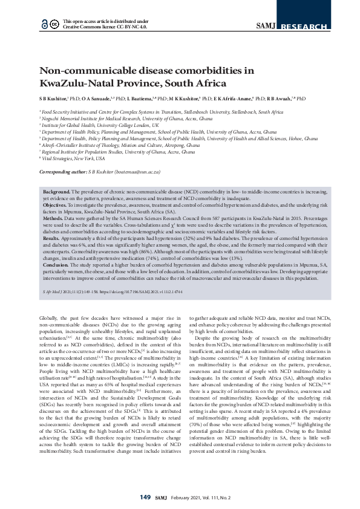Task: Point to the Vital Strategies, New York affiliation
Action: point(73,158)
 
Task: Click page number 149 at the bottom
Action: point(145,497)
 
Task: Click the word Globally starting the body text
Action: point(48,317)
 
